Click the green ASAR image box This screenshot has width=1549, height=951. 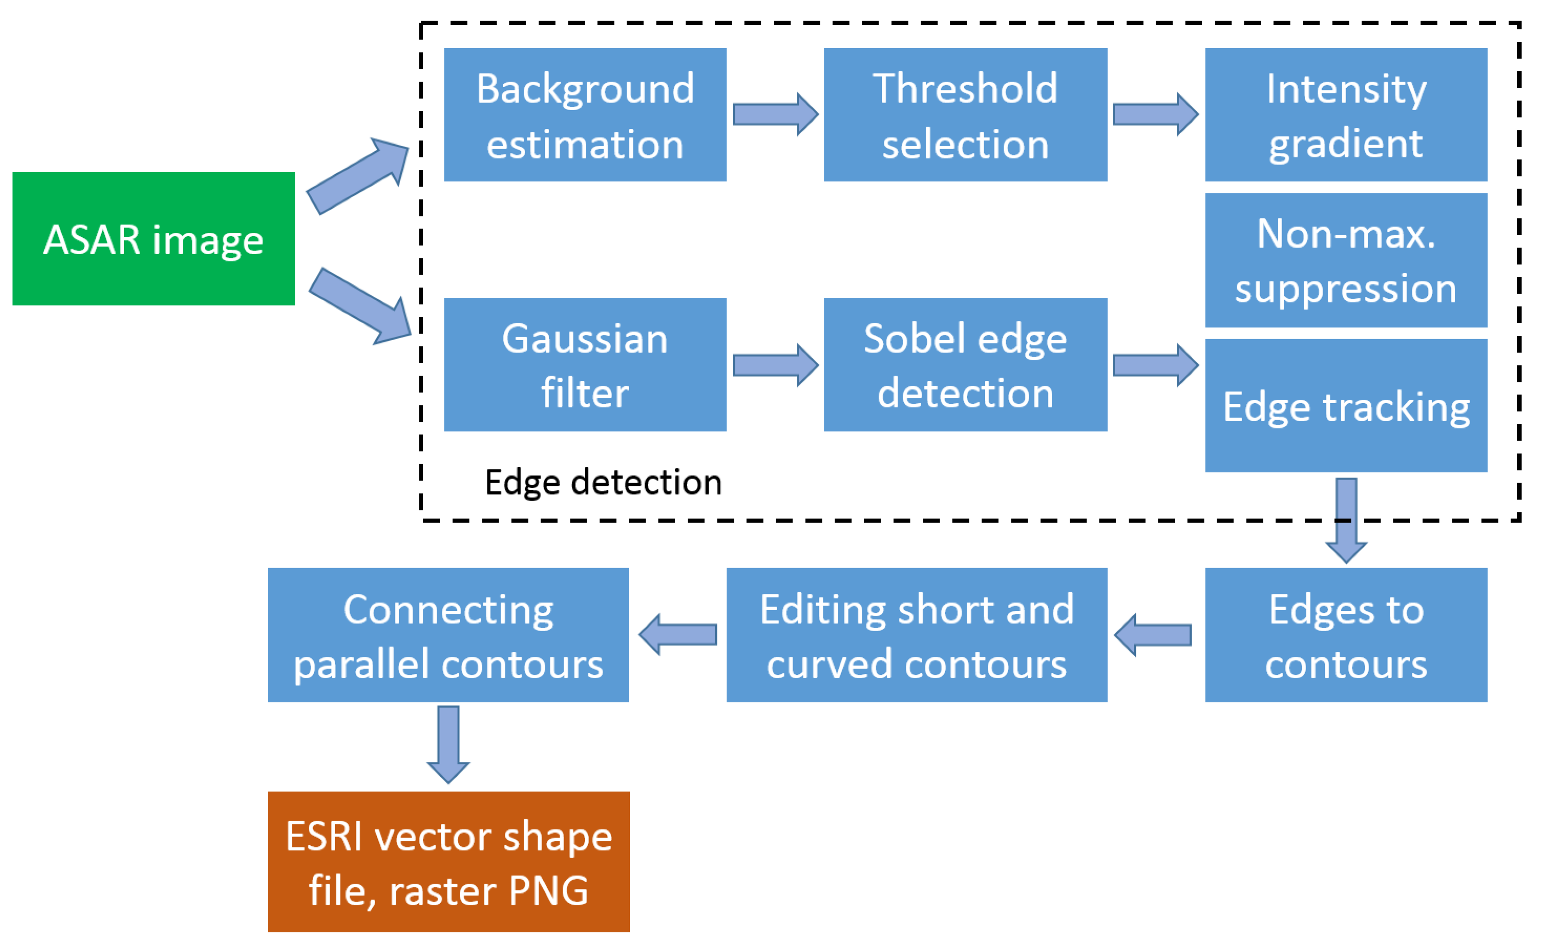tap(153, 239)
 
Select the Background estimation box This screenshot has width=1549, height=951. tap(585, 115)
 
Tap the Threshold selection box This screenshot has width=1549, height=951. tap(965, 115)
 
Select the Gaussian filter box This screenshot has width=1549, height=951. tap(585, 365)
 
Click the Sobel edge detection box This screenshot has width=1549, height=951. tap(965, 365)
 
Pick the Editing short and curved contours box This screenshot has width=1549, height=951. tap(917, 635)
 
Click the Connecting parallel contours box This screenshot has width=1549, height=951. tap(448, 635)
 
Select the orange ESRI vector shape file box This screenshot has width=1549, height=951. tap(448, 862)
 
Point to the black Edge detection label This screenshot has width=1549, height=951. tap(604, 482)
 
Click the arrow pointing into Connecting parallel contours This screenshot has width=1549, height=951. tap(679, 634)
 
